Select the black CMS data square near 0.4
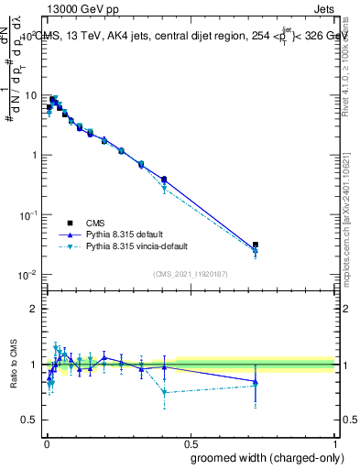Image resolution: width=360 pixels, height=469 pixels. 164,180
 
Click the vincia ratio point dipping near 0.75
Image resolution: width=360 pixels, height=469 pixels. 164,392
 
